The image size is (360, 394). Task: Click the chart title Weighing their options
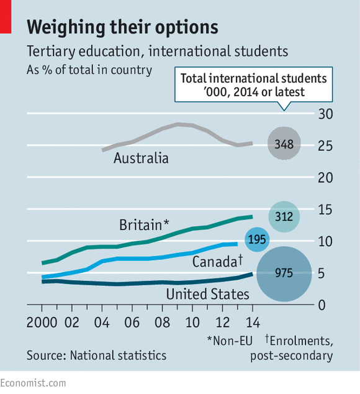tap(122, 27)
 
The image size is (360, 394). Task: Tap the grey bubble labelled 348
tap(284, 144)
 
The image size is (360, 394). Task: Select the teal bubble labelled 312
tap(284, 216)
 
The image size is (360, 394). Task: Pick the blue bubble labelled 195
tap(258, 239)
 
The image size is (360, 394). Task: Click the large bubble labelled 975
tap(284, 273)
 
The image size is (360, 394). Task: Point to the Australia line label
tap(141, 158)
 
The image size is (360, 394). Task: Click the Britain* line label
tap(144, 224)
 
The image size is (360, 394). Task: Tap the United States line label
tap(208, 293)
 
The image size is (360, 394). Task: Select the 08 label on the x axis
tap(161, 324)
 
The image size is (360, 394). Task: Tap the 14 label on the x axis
tap(251, 324)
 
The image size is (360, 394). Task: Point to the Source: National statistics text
tap(96, 355)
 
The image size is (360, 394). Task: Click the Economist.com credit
tap(33, 383)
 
